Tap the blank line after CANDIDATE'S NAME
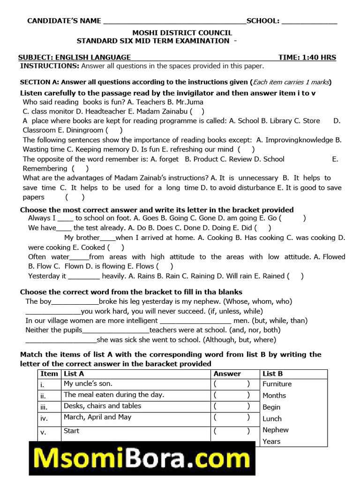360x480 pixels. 174,22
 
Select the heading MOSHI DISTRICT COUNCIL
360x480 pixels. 182,33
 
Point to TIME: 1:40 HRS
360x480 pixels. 307,57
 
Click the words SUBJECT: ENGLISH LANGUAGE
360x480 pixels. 75,57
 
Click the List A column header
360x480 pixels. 74,374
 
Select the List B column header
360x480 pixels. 273,374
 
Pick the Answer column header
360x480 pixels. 227,374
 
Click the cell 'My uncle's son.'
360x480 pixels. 88,384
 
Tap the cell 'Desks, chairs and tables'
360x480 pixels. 102,406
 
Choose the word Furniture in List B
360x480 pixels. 277,384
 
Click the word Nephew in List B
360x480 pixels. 276,430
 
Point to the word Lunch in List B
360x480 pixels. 272,419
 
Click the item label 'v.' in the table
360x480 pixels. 43,432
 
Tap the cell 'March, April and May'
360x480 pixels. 97,417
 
